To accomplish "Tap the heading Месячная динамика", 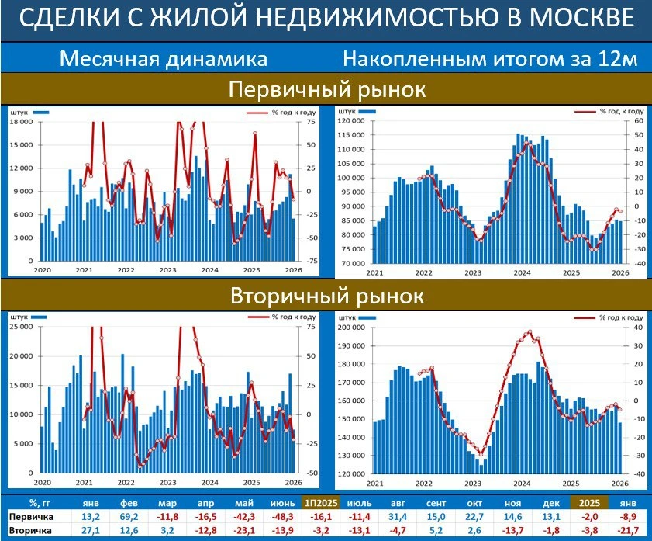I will point(164,60).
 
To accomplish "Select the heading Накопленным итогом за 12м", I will point(489,60).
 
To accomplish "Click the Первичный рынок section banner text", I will point(326,89).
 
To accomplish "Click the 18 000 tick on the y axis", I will point(21,122).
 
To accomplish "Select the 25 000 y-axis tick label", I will point(21,327).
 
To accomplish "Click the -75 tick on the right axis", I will point(312,262).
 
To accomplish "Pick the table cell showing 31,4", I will point(398,516).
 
